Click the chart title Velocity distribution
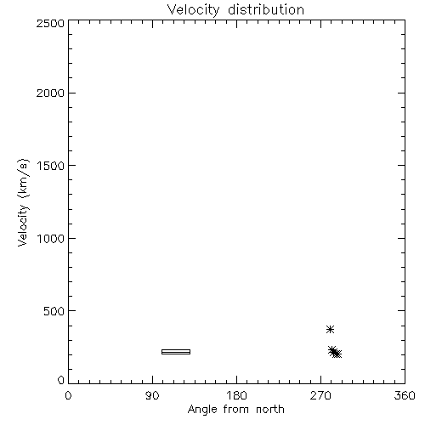tap(235, 10)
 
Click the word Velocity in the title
tap(193, 10)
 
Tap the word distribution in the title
tap(266, 9)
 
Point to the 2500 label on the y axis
tap(50, 23)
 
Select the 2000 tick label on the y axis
tap(50, 93)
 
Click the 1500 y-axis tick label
tap(51, 166)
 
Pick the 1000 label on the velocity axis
tap(51, 239)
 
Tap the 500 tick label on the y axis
tap(54, 311)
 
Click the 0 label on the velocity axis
tap(61, 380)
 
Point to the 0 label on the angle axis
tap(68, 395)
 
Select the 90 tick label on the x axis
tap(152, 395)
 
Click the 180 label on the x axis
tap(236, 395)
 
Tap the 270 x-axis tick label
tap(320, 395)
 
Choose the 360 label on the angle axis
tap(405, 395)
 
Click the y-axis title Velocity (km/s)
tap(23, 202)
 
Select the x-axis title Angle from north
tap(235, 410)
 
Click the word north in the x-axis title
tap(270, 410)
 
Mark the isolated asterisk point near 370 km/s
tap(330, 329)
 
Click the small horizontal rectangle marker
tap(176, 352)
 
